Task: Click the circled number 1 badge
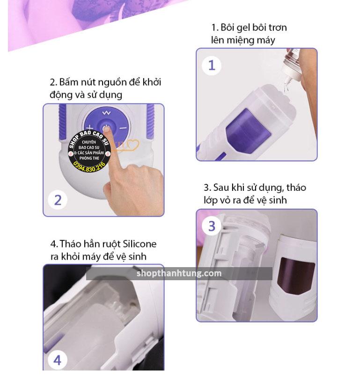[212, 65]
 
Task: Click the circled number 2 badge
[58, 200]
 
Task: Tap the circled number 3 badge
[212, 226]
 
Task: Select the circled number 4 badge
[57, 361]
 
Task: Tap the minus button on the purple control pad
[123, 128]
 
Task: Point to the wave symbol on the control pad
[106, 113]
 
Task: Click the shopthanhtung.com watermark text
[179, 273]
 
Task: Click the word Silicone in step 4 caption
[140, 244]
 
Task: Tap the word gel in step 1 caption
[243, 28]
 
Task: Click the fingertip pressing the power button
[108, 131]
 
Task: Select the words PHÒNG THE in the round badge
[89, 158]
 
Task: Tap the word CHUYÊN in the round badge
[89, 142]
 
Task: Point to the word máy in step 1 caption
[266, 40]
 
